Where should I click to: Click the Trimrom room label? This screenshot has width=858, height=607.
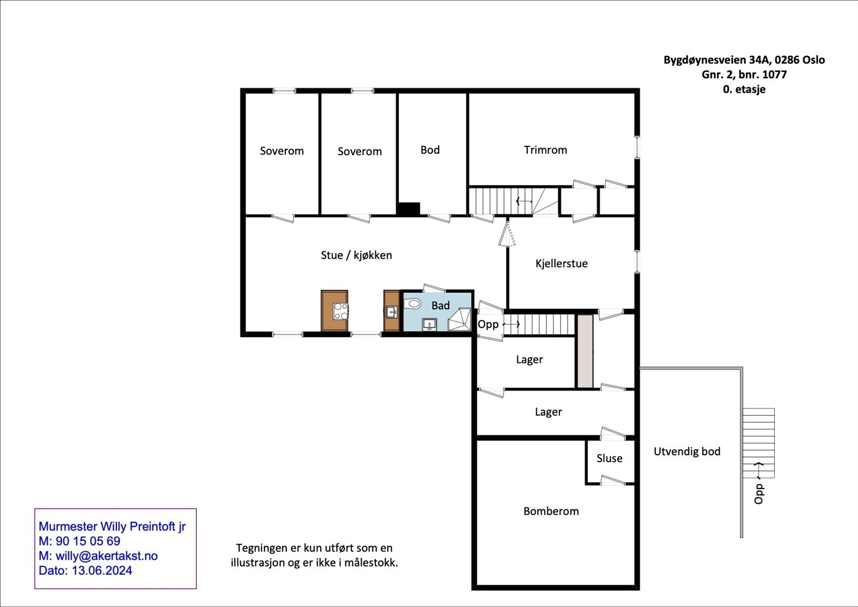pos(545,150)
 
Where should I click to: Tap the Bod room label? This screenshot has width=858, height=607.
pos(430,150)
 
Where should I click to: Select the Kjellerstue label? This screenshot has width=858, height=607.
pos(561,263)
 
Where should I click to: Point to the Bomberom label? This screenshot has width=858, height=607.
pos(551,511)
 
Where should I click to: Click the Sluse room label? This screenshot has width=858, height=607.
pos(609,458)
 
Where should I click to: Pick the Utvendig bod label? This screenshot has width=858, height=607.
pos(687,451)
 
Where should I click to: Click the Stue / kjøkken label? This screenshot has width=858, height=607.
pos(356,255)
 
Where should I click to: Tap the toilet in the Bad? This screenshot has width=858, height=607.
pos(413,305)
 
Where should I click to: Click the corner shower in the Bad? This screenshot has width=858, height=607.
pos(460,319)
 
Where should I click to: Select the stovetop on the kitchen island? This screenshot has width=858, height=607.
pos(341,311)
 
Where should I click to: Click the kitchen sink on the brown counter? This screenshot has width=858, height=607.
pos(392,312)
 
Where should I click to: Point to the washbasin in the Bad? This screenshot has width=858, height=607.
pos(429,325)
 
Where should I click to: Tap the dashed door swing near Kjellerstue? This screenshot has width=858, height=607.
pos(507,234)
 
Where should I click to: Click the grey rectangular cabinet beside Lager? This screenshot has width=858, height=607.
pos(585,352)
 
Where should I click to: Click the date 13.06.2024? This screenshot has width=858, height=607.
pos(102,571)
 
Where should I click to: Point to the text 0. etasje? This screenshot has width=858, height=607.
pos(744,89)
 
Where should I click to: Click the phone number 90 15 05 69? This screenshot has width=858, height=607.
pos(88,541)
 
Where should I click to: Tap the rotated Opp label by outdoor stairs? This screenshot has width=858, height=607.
pos(759,494)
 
